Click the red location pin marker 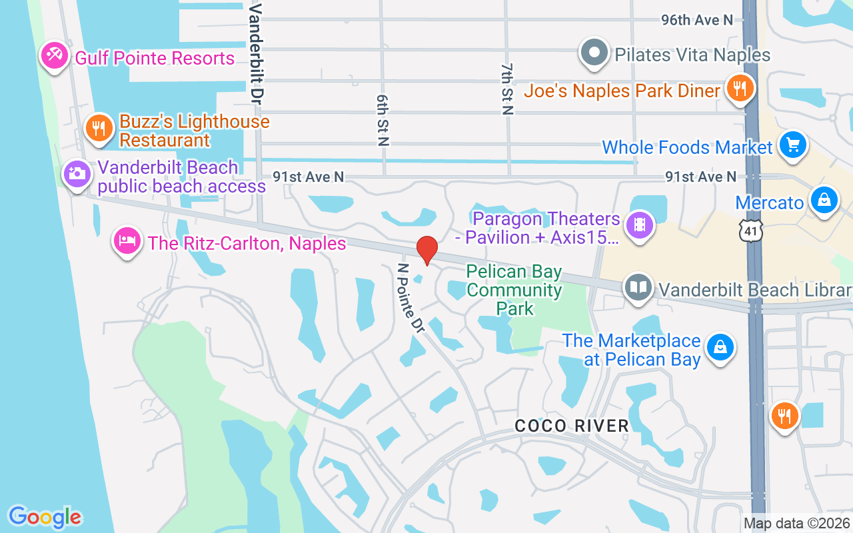(x=426, y=250)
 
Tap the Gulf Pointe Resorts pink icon (x=53, y=55)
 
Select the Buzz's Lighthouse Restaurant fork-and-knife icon (x=99, y=127)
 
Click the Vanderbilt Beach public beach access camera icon (x=76, y=174)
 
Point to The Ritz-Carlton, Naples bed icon (x=127, y=241)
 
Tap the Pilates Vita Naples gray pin (x=594, y=52)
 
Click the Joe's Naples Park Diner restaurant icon (x=739, y=87)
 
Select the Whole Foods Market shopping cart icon (x=792, y=144)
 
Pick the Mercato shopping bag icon (x=824, y=199)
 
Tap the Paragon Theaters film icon (x=640, y=225)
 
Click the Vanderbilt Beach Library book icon (x=638, y=288)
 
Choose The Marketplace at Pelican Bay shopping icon (x=720, y=346)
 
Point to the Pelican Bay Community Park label (x=514, y=290)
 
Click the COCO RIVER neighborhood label (x=572, y=426)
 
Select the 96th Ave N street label (x=696, y=20)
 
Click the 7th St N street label (x=508, y=89)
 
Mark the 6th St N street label (x=383, y=120)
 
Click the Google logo (x=45, y=517)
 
